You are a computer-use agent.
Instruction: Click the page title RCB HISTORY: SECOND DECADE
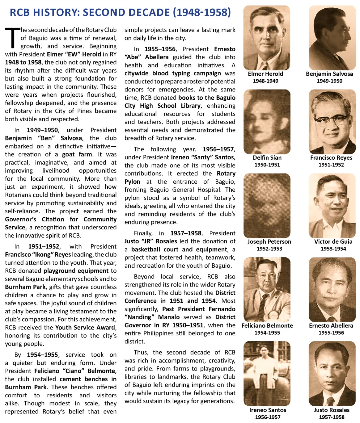pos(120,12)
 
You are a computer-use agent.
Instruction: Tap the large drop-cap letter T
pos(12,38)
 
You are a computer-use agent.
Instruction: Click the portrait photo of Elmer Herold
pos(267,38)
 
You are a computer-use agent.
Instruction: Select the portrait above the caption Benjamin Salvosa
pos(332,38)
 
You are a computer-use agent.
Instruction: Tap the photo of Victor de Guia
pos(332,206)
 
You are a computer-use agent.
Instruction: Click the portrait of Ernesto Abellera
pos(332,290)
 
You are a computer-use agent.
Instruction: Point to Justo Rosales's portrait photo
pos(332,374)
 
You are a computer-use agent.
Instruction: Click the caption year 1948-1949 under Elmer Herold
pos(265,81)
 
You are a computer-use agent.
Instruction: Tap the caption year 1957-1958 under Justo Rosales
pos(332,417)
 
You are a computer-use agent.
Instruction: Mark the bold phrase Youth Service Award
pos(85,328)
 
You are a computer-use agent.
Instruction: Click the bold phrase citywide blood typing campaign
pos(173,73)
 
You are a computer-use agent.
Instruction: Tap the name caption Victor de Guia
pos(333,242)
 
